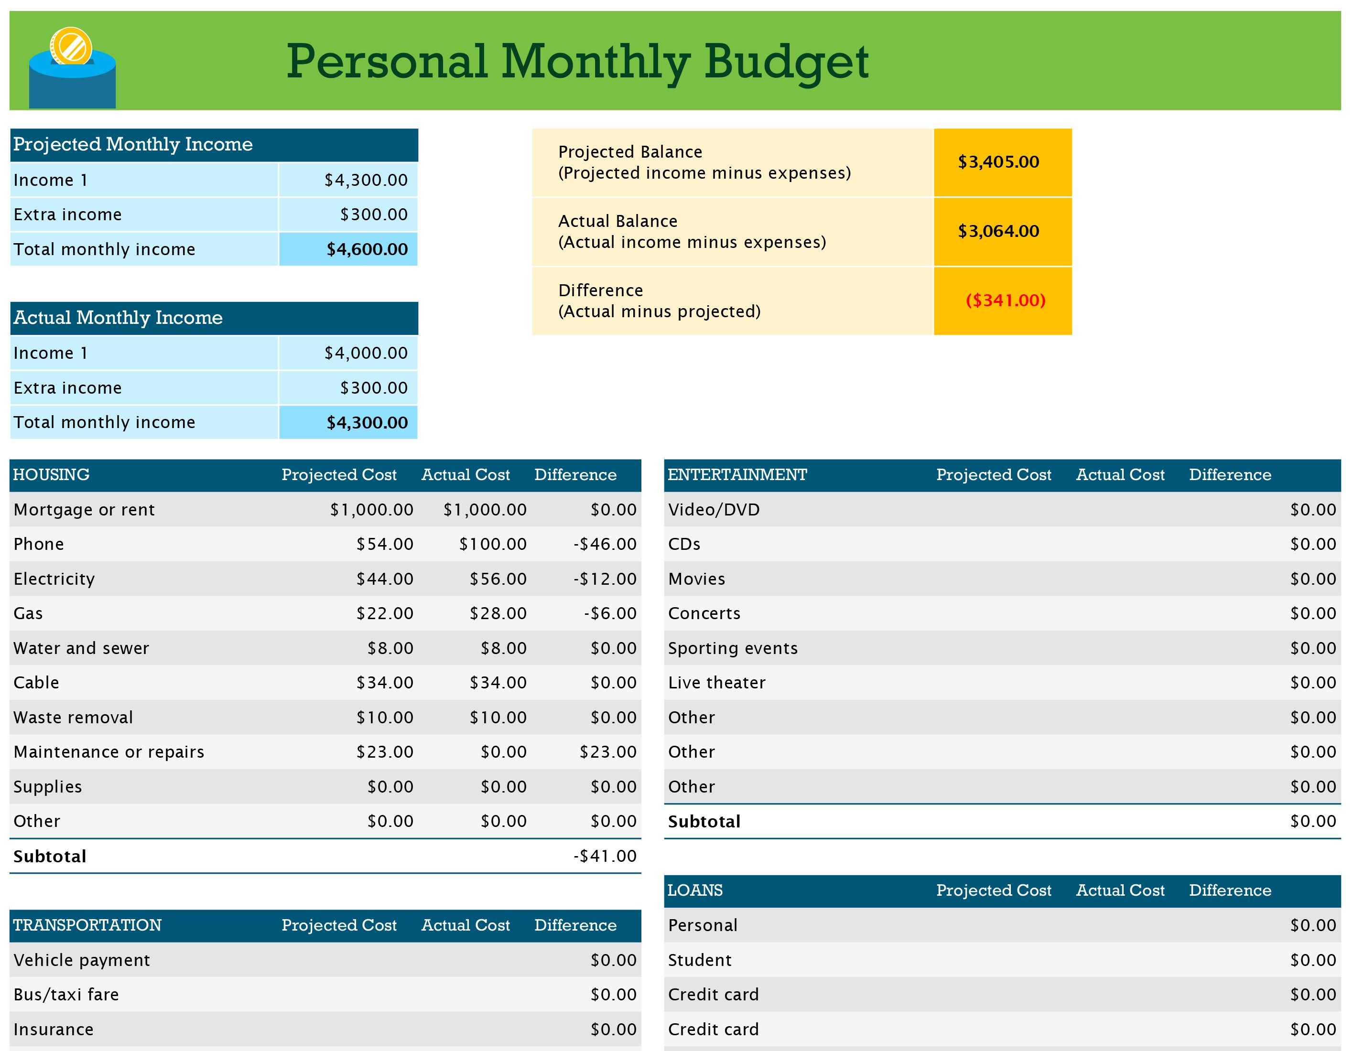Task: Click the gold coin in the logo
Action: [71, 46]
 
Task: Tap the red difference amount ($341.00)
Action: [1005, 300]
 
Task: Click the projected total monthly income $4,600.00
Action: [367, 249]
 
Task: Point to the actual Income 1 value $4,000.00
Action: [366, 353]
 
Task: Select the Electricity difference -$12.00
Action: [605, 579]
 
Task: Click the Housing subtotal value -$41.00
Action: [605, 856]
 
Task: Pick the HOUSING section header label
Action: [51, 475]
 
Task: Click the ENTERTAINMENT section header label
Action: [737, 475]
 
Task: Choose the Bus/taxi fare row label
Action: [66, 994]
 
